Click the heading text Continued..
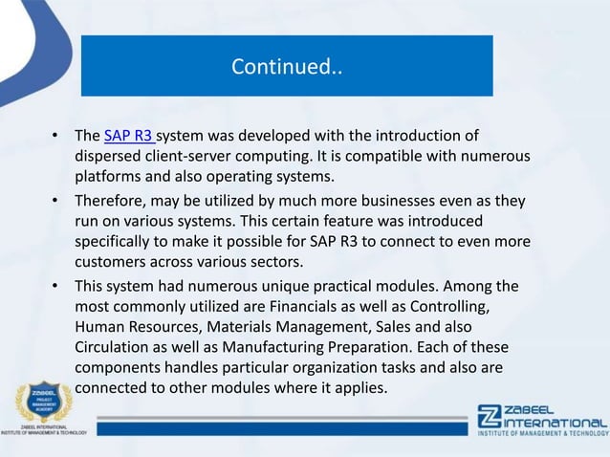(x=286, y=68)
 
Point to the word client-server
(x=204, y=155)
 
